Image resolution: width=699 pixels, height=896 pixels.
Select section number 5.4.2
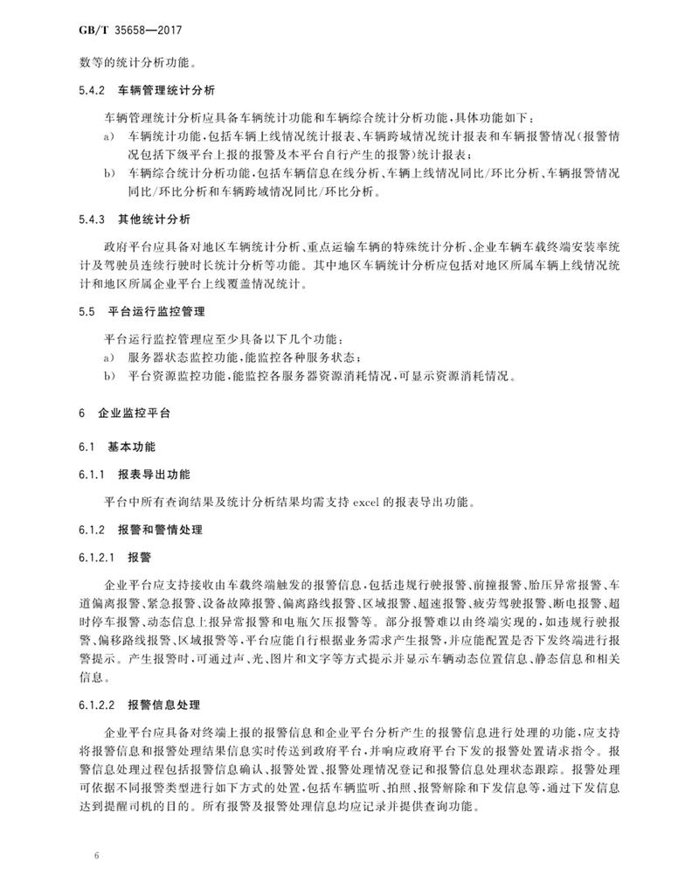(91, 90)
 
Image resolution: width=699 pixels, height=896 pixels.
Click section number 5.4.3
(91, 217)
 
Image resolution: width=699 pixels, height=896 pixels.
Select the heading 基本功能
(131, 446)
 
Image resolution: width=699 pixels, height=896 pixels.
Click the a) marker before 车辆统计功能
(108, 138)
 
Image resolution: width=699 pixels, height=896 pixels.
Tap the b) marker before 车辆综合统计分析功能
(108, 174)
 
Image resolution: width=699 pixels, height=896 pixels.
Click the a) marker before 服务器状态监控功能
(108, 358)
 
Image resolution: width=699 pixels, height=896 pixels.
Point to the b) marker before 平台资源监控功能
(108, 377)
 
